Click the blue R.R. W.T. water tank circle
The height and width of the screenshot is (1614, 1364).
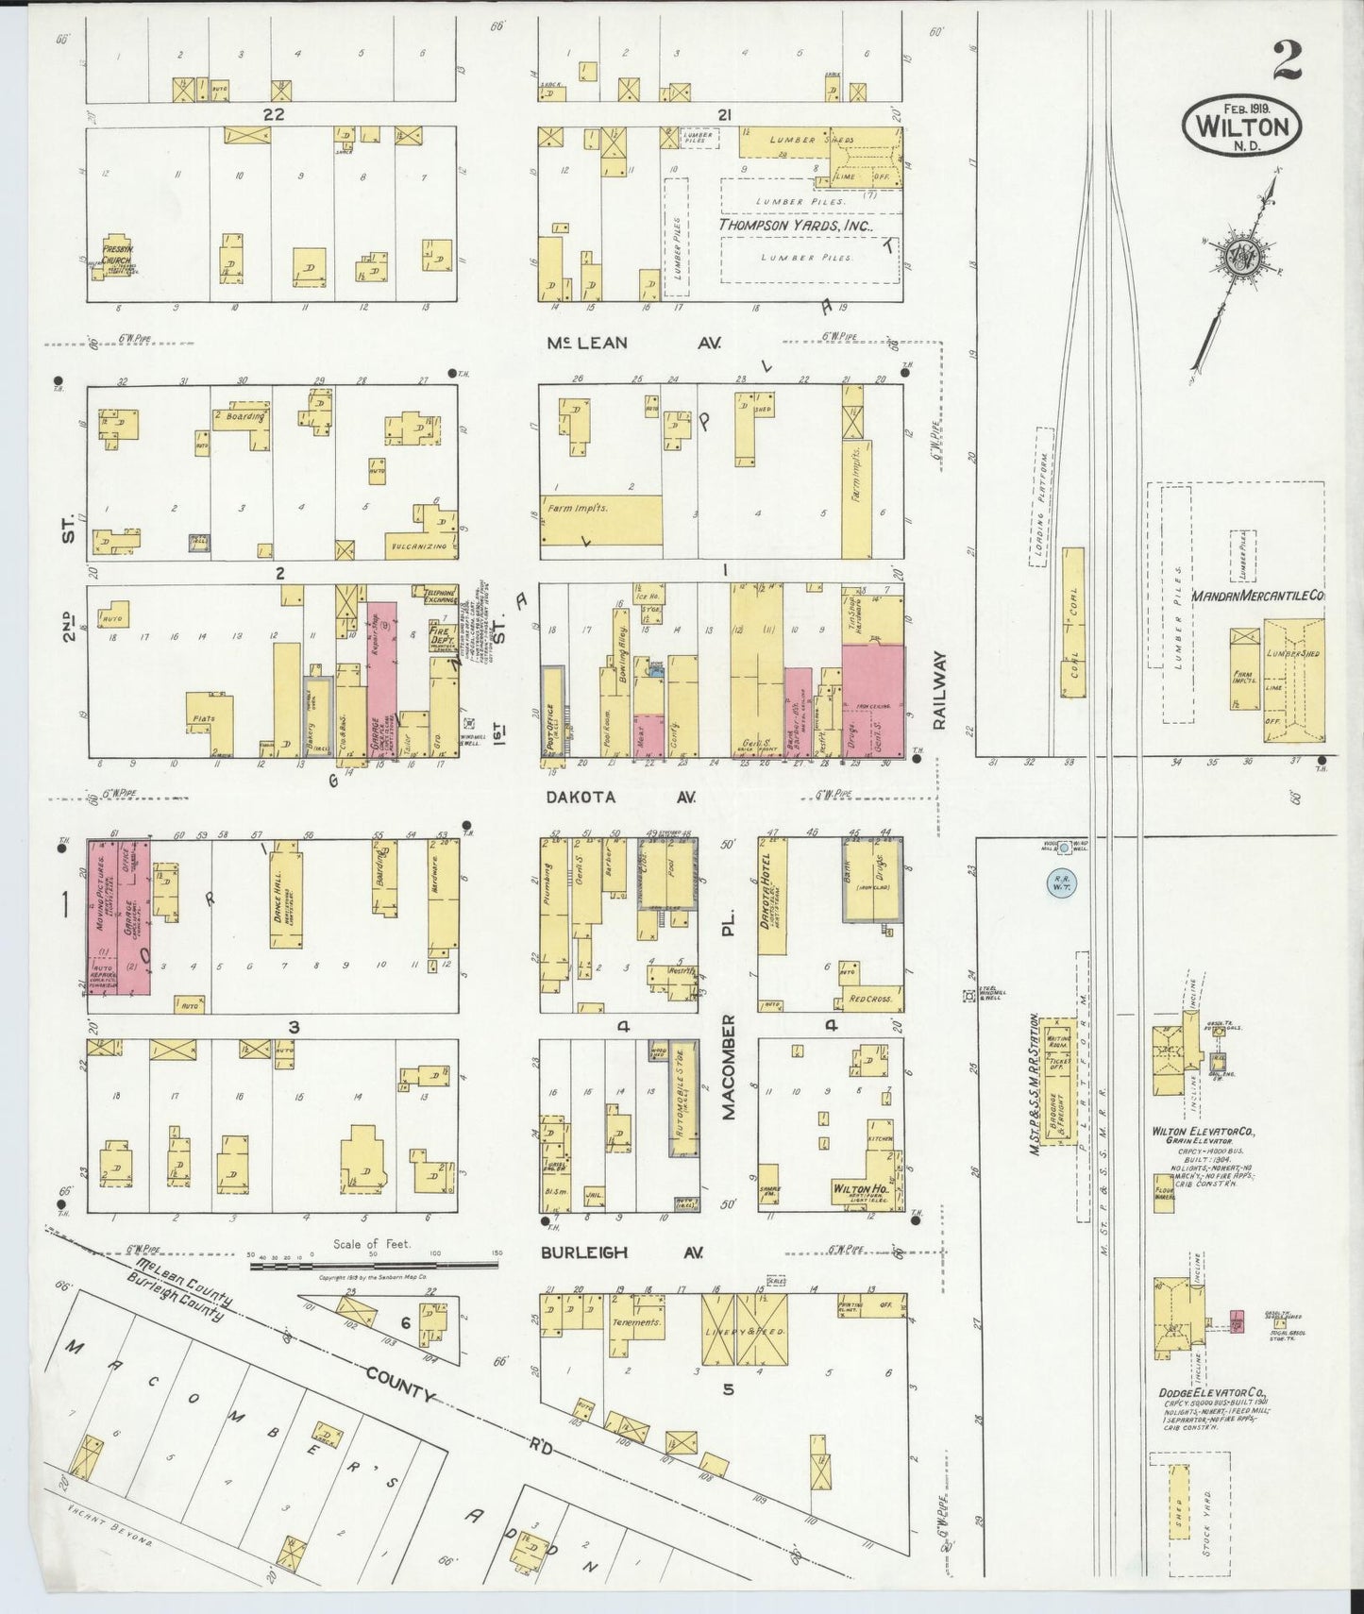(x=1061, y=884)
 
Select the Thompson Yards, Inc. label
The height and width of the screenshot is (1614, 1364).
(x=796, y=227)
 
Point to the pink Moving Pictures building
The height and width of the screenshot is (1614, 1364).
(x=102, y=906)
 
